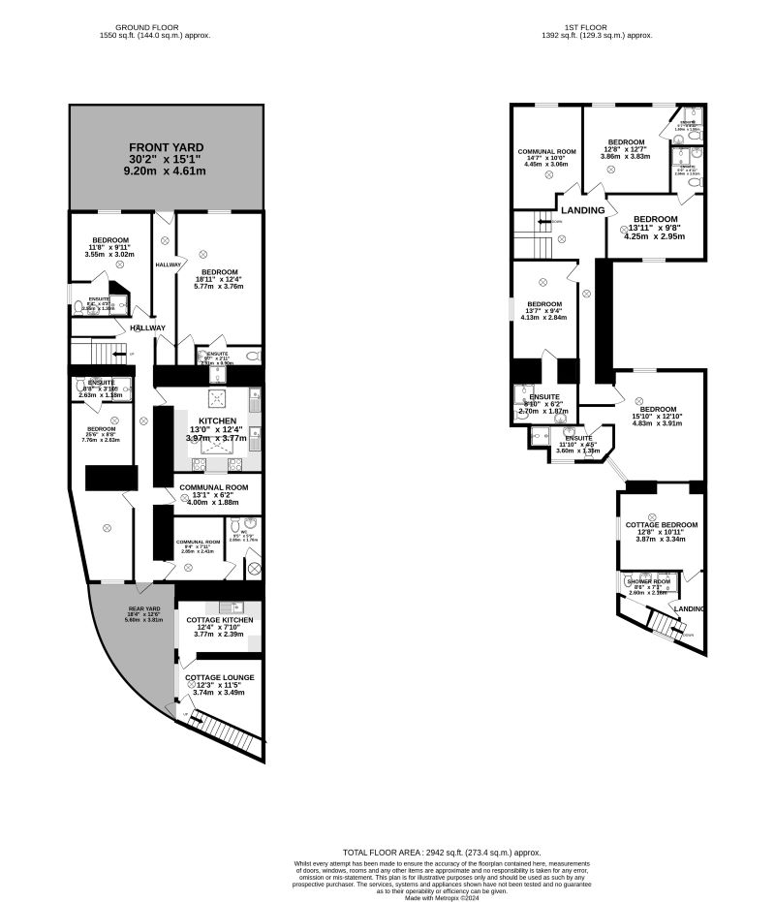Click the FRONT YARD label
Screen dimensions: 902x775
[x=167, y=146]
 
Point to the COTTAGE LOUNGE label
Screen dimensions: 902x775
[x=220, y=677]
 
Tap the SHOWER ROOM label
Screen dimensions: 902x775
[x=648, y=581]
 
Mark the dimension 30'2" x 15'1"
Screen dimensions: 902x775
[x=167, y=159]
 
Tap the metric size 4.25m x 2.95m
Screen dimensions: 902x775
[x=655, y=235]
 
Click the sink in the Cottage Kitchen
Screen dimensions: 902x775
[x=232, y=607]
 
